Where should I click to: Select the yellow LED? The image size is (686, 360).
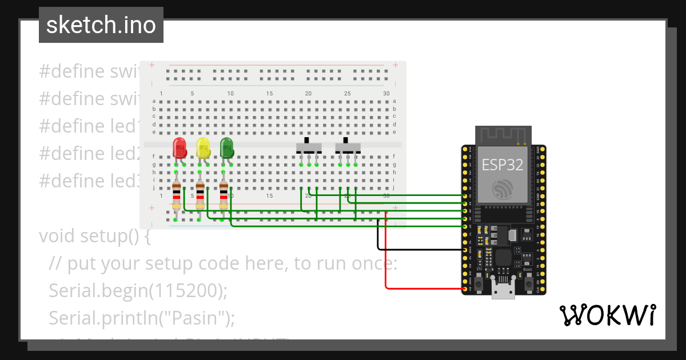point(203,147)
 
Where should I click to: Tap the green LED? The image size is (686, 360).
point(226,147)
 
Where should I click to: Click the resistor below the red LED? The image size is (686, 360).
point(176,195)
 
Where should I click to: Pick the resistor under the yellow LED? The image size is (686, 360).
point(200,195)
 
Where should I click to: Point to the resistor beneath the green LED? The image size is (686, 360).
point(223,195)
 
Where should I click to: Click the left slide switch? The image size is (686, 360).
point(309,147)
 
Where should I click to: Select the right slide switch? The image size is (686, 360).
point(348,147)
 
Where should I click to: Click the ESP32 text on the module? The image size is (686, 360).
point(502,165)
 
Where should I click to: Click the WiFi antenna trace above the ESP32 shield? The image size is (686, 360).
point(503,135)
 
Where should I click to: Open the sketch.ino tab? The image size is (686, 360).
point(101,25)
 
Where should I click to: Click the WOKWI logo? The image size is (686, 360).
point(607,315)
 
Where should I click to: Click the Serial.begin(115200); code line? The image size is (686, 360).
point(138,290)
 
